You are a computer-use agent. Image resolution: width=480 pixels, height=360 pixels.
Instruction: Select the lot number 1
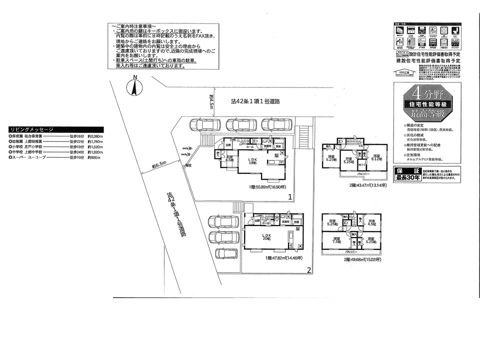point(289,197)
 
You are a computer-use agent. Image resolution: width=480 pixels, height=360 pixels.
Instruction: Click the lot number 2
point(309,270)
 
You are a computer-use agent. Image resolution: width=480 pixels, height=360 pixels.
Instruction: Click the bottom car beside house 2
point(225,253)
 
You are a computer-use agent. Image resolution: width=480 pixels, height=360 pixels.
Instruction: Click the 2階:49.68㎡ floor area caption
point(361,260)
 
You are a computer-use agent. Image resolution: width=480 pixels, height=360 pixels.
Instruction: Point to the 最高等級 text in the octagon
point(423,114)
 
